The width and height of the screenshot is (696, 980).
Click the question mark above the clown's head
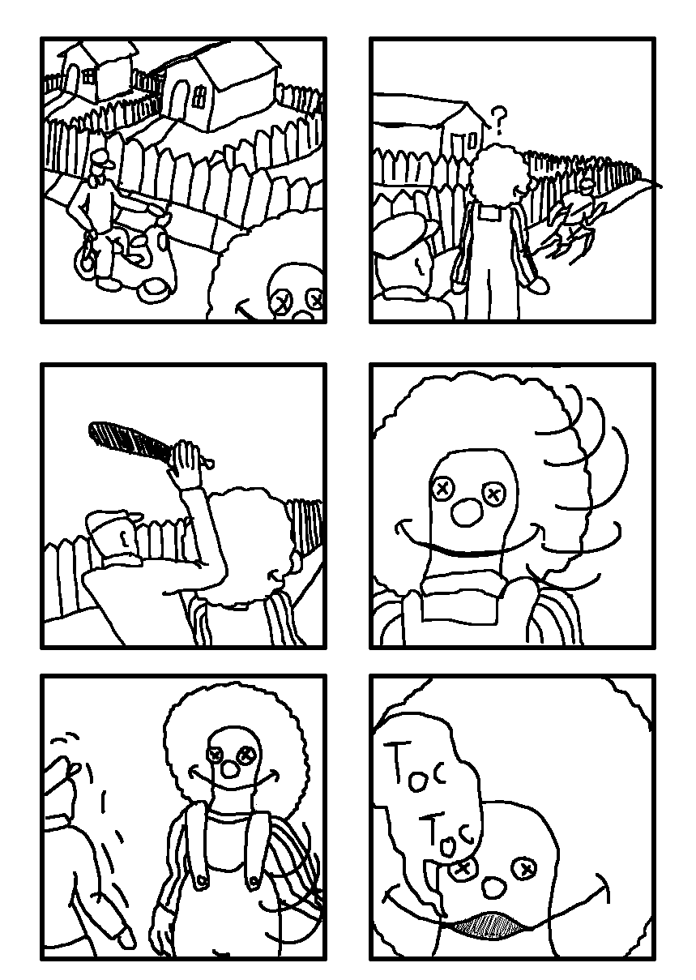[x=499, y=120]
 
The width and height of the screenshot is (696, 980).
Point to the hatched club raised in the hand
[x=131, y=441]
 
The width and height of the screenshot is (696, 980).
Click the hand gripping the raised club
[x=185, y=464]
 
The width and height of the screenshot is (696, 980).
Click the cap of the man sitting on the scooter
[x=103, y=158]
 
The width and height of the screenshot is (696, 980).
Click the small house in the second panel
[x=462, y=128]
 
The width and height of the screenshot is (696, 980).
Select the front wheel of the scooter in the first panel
[x=154, y=289]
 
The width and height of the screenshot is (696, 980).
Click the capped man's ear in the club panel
[x=125, y=537]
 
